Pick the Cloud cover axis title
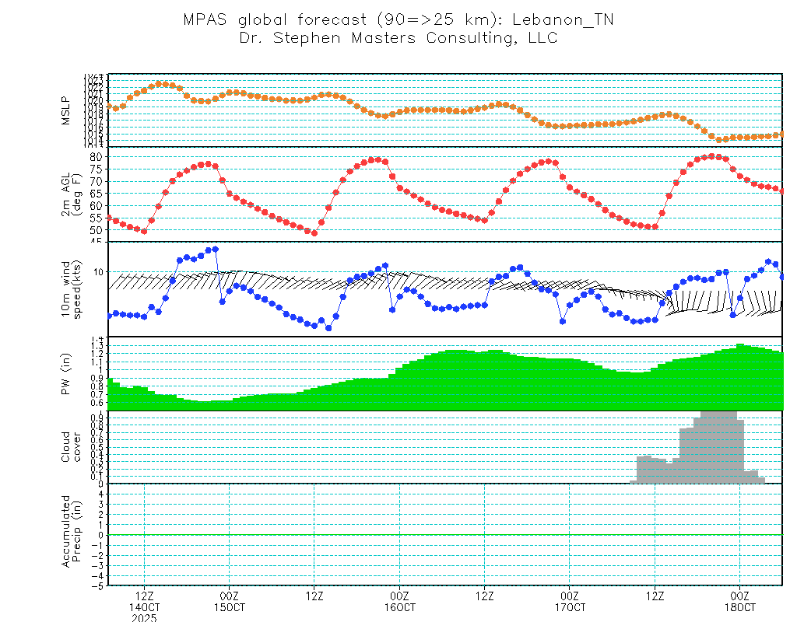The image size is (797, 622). click(x=71, y=446)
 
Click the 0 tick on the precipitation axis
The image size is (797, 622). click(x=100, y=535)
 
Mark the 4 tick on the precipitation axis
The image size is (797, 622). click(x=100, y=494)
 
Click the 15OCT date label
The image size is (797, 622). click(x=229, y=606)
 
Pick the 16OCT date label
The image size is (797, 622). click(x=399, y=606)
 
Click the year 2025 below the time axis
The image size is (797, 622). click(x=144, y=617)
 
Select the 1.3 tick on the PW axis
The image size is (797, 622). click(x=97, y=344)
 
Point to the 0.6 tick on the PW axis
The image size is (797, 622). click(x=97, y=403)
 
